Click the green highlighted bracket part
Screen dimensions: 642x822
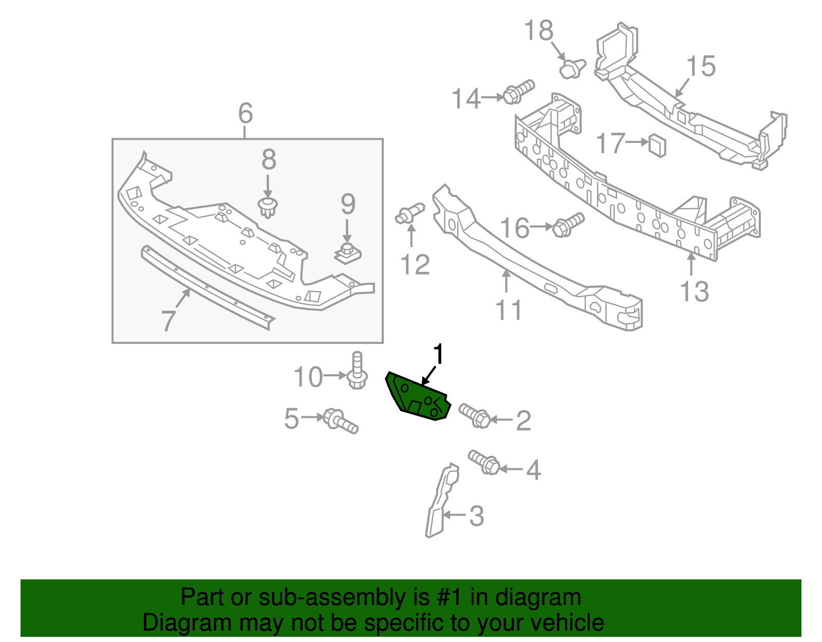416,397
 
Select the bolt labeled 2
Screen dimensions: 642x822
475,415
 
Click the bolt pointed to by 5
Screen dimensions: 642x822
340,420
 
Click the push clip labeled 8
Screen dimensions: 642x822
267,207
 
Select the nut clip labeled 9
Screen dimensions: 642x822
348,252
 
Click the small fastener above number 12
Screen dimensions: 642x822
409,213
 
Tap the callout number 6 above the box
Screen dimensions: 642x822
246,113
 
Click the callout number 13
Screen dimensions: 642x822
694,291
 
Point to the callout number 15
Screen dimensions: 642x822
701,66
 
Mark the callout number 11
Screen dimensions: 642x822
508,310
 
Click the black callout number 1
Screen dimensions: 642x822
438,355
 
